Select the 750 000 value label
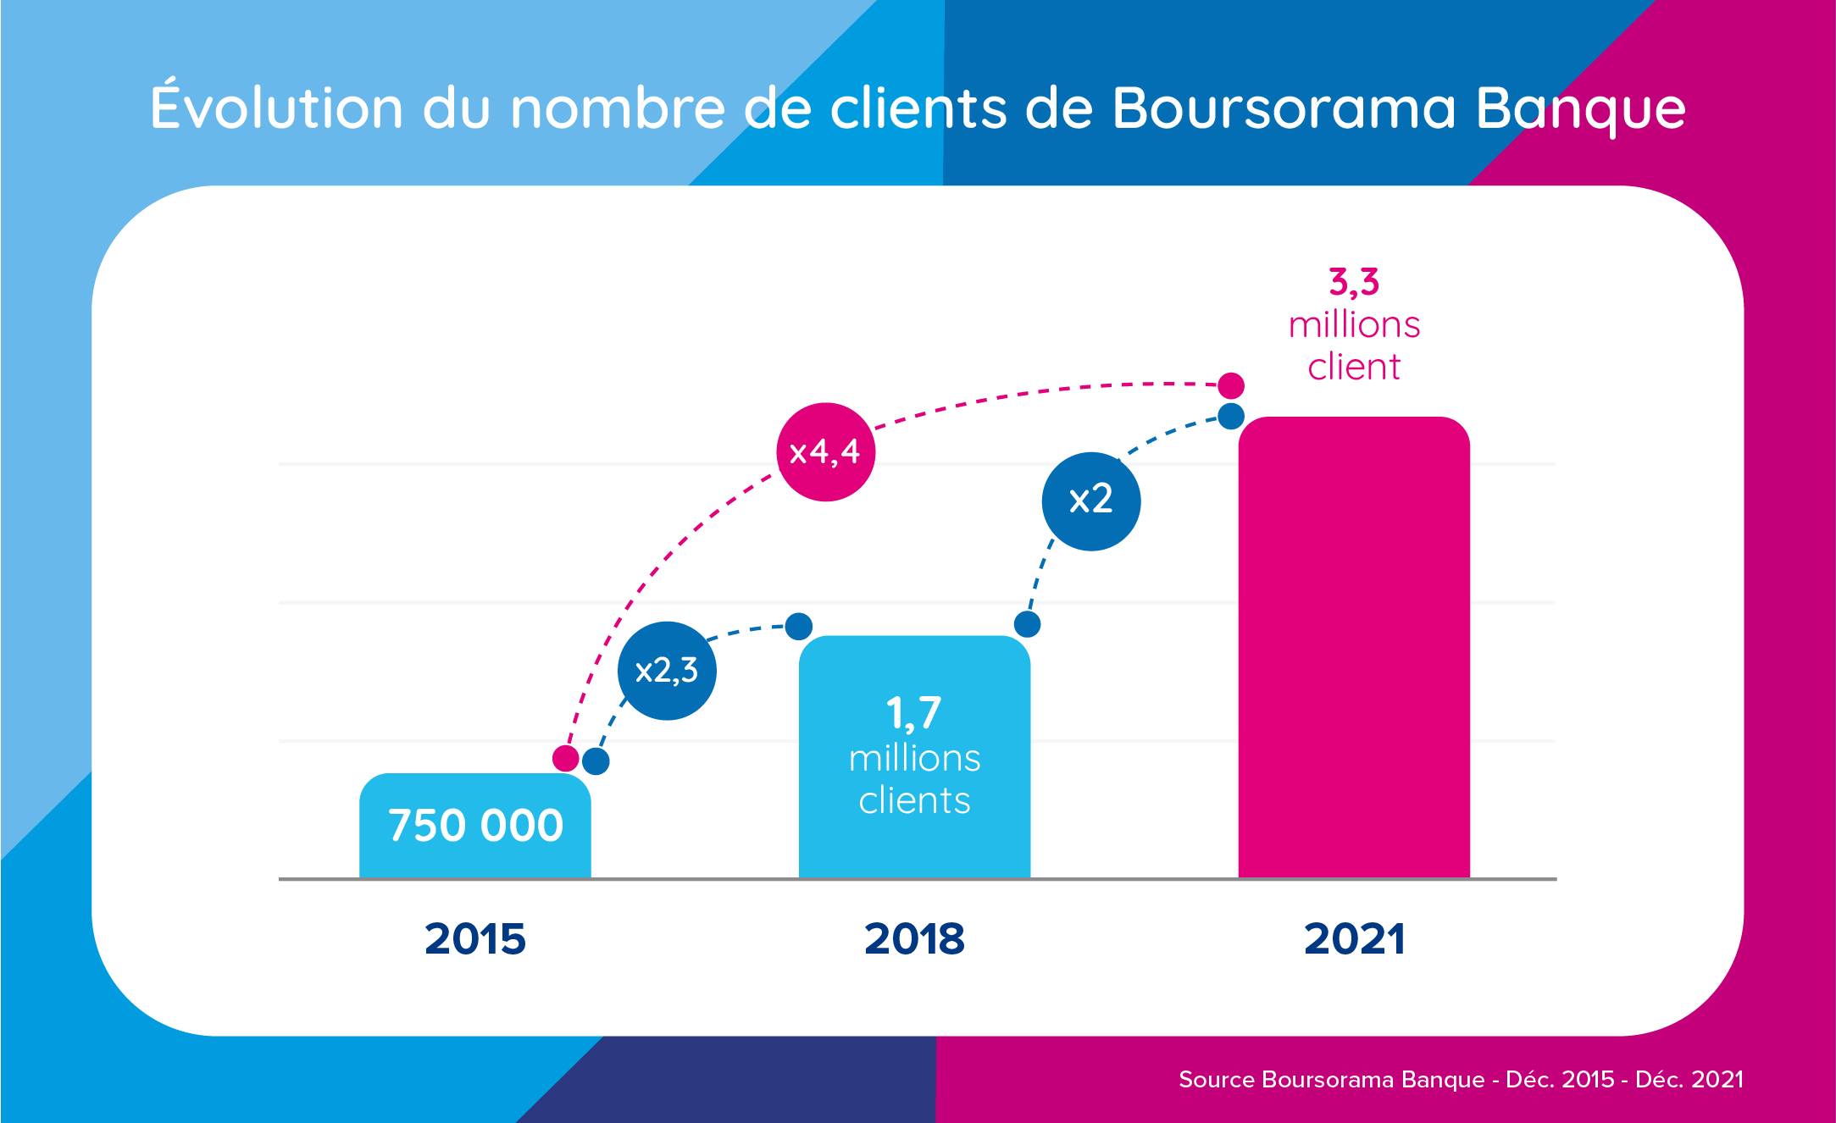coord(475,826)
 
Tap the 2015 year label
coord(474,939)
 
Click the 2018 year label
coord(914,939)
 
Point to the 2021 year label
coord(1354,939)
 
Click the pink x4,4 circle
coord(825,452)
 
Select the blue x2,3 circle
coord(667,671)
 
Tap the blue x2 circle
coord(1090,501)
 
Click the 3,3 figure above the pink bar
coord(1354,282)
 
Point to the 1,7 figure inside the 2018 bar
coord(913,713)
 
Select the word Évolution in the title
coord(276,108)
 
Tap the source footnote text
coord(1461,1080)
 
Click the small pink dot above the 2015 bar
coord(565,758)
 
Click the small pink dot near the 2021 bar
coord(1230,385)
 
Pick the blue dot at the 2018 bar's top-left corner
coord(798,626)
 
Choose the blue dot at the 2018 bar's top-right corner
coord(1027,624)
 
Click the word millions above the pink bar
coord(1354,325)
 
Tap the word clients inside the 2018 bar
coord(914,801)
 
